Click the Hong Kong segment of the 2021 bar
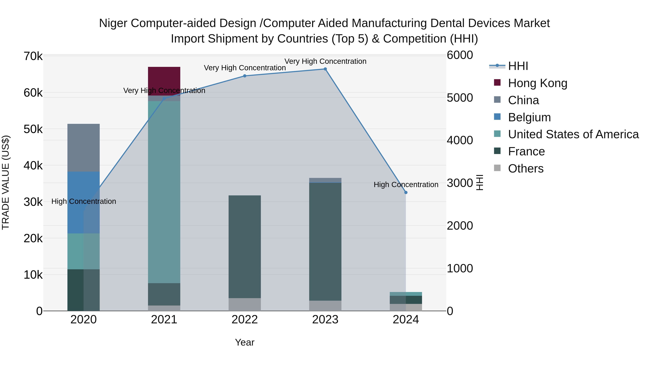164,81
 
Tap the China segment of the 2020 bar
83,148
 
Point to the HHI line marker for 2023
325,69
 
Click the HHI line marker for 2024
406,193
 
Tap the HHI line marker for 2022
244,76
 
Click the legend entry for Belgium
529,117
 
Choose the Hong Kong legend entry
537,83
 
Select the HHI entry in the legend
518,66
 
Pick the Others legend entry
526,169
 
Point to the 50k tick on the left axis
33,129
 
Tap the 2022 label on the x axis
244,320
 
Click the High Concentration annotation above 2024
406,185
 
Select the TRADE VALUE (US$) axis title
6,182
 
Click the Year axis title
244,342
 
